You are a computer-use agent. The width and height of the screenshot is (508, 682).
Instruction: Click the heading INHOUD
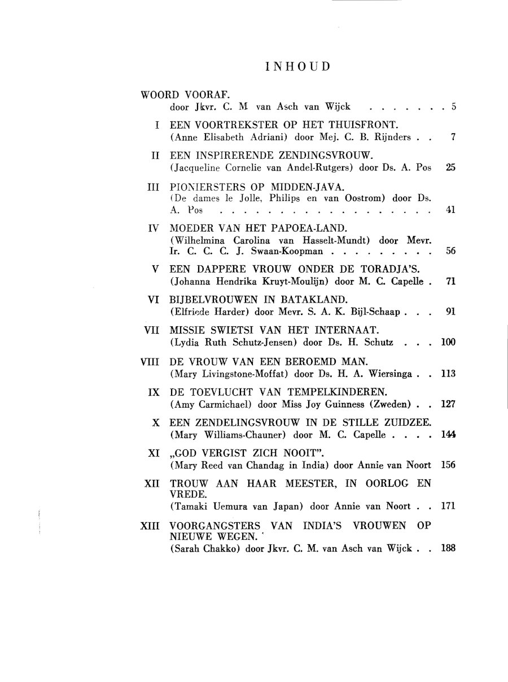click(297, 67)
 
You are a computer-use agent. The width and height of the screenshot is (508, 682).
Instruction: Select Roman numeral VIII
click(151, 361)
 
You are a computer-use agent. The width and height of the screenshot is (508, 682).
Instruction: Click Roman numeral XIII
click(150, 525)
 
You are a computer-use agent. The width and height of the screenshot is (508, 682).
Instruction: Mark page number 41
click(450, 211)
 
